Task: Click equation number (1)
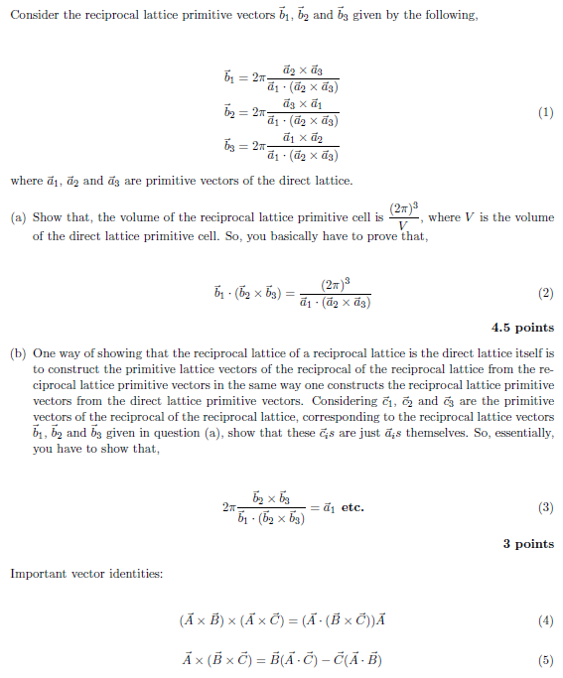[545, 113]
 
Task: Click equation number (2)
[545, 294]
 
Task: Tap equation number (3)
[545, 508]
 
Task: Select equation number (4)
[545, 621]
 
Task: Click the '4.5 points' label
[522, 328]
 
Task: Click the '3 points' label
[528, 544]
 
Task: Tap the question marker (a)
[17, 217]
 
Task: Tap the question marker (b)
[17, 352]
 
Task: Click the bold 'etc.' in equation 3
[352, 508]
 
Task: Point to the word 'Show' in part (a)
[47, 217]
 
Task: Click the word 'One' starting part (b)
[45, 352]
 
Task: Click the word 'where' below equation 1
[26, 182]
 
